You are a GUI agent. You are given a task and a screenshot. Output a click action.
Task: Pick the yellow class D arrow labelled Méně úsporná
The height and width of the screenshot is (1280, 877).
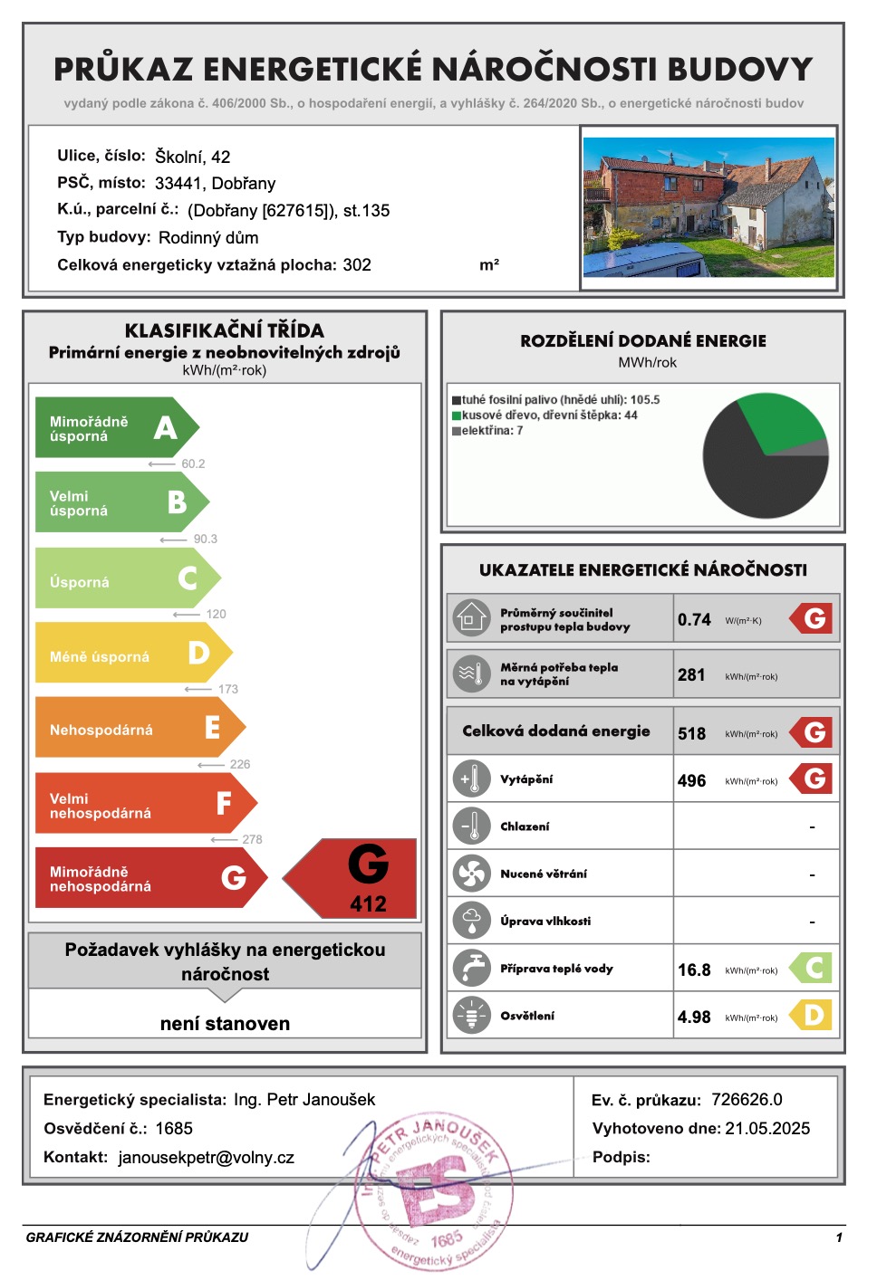pyautogui.click(x=132, y=654)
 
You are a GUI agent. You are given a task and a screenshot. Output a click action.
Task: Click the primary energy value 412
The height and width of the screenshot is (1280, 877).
pyautogui.click(x=368, y=903)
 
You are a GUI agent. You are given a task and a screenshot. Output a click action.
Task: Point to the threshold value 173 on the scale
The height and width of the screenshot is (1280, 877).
pyautogui.click(x=228, y=689)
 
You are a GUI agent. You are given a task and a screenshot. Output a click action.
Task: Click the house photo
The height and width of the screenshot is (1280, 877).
pyautogui.click(x=708, y=206)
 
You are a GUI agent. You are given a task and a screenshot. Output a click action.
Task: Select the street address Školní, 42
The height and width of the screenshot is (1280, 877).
pyautogui.click(x=192, y=157)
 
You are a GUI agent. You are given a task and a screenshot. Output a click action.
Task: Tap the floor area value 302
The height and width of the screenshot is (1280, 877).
pyautogui.click(x=357, y=265)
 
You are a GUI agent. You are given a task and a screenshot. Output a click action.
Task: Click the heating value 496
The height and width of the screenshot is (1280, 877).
pyautogui.click(x=691, y=780)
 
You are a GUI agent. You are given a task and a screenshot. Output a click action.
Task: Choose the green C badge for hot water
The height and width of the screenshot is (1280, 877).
pyautogui.click(x=812, y=969)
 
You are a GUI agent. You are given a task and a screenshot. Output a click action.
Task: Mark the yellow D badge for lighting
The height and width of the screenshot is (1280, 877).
pyautogui.click(x=812, y=1016)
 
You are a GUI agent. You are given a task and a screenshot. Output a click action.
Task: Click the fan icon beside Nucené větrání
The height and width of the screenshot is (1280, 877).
pyautogui.click(x=471, y=874)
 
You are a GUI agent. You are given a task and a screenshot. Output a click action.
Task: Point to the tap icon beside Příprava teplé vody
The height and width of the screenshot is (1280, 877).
pyautogui.click(x=471, y=969)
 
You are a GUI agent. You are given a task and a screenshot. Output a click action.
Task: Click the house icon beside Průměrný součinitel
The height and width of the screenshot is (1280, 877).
pyautogui.click(x=471, y=619)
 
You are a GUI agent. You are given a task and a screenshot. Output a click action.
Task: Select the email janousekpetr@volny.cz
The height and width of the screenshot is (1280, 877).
pyautogui.click(x=207, y=1158)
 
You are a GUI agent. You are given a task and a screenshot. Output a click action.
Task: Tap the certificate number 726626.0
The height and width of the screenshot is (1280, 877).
pyautogui.click(x=747, y=1100)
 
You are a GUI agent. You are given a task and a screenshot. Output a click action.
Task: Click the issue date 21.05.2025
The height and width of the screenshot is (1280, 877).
pyautogui.click(x=767, y=1129)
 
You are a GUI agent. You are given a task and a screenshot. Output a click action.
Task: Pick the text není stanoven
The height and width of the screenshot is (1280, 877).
pyautogui.click(x=225, y=1024)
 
